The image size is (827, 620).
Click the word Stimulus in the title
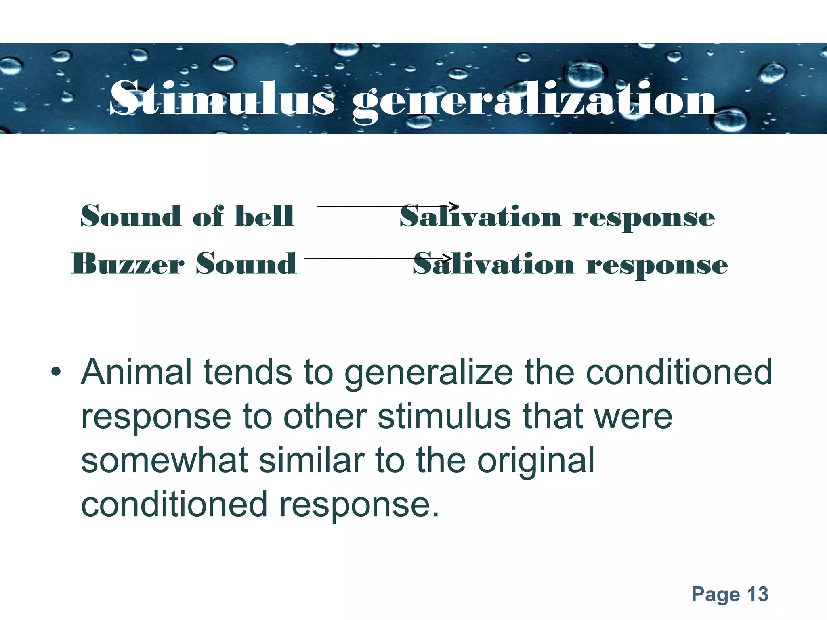pyautogui.click(x=221, y=98)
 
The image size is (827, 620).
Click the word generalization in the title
pyautogui.click(x=534, y=100)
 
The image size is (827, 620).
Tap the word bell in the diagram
pyautogui.click(x=264, y=216)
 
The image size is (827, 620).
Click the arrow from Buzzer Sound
pyautogui.click(x=377, y=258)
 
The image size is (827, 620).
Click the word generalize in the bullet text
pyautogui.click(x=428, y=373)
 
